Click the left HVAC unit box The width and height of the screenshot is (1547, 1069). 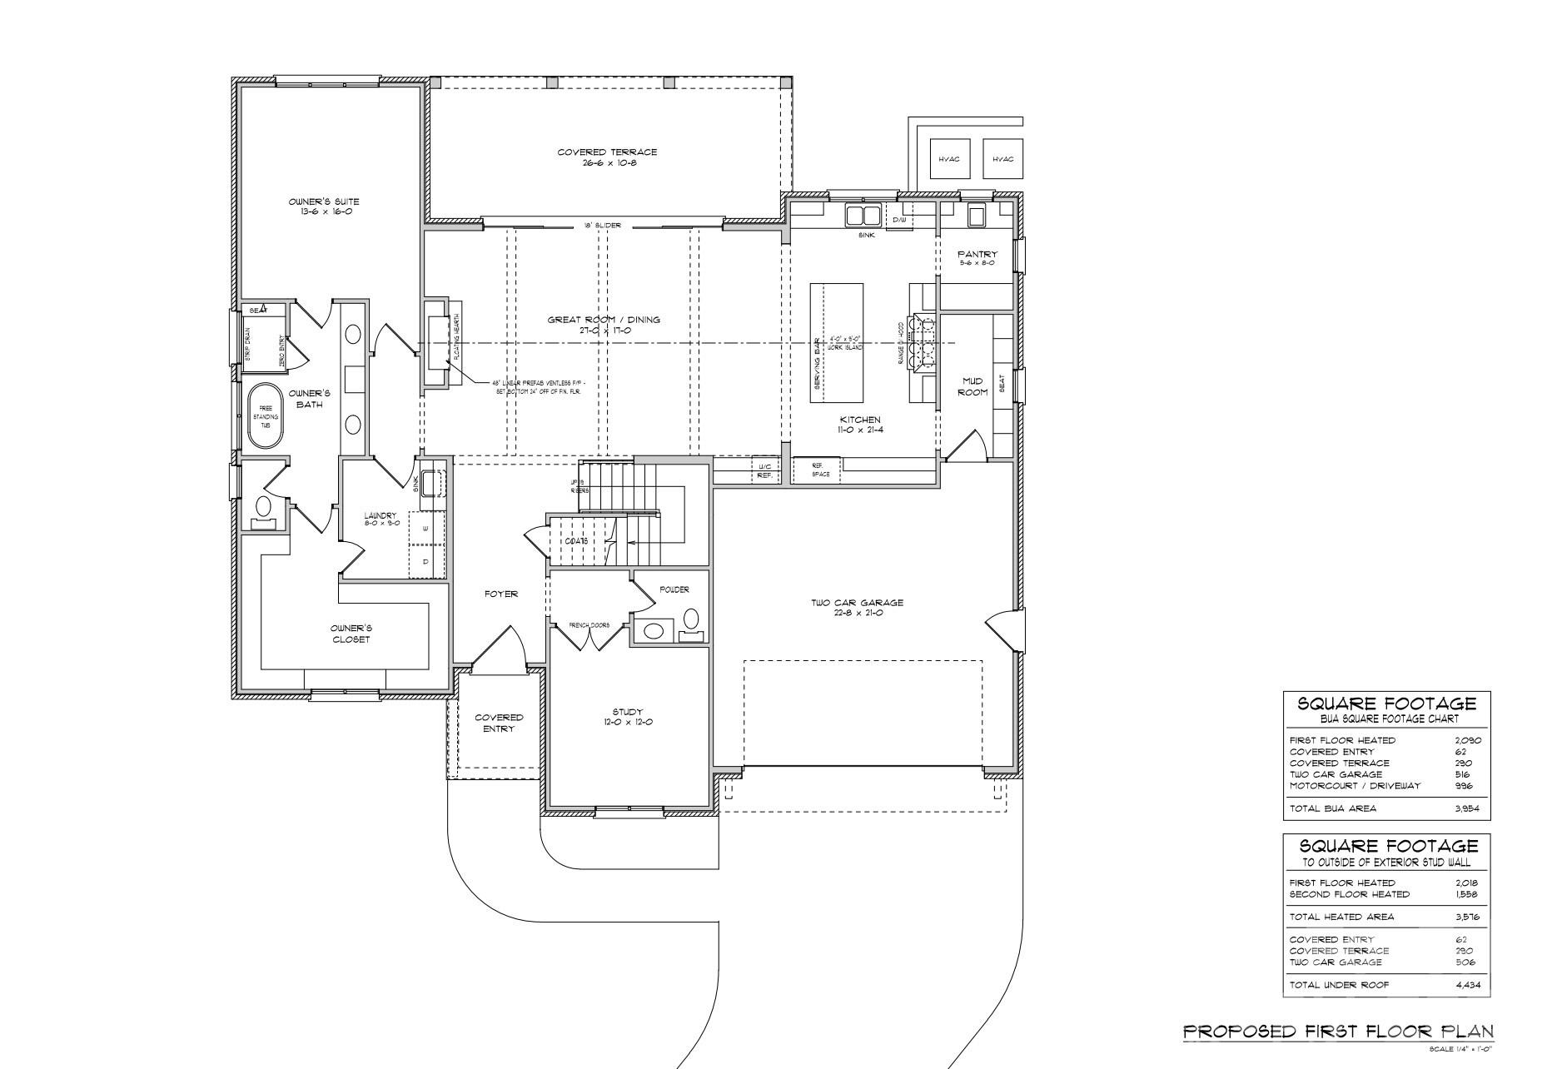[949, 158]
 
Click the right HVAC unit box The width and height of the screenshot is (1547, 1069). [1003, 158]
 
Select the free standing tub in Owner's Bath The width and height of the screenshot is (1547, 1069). [266, 416]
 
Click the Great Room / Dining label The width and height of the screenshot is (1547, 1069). [604, 325]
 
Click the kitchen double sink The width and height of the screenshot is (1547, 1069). [863, 216]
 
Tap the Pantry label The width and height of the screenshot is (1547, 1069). [977, 258]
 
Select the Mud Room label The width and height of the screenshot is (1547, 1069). [972, 386]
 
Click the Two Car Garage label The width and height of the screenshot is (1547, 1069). [857, 607]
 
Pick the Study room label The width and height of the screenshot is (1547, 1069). [627, 716]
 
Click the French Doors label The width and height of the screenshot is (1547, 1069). [589, 624]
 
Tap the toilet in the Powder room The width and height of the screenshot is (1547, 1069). [692, 619]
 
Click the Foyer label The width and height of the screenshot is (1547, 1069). [500, 594]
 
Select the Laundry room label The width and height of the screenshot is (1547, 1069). [381, 520]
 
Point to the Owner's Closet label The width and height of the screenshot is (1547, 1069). [350, 633]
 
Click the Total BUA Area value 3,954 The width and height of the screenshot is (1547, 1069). [1468, 808]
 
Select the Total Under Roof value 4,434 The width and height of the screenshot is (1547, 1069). [1468, 984]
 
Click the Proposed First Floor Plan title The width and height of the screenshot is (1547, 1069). [1338, 1032]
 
